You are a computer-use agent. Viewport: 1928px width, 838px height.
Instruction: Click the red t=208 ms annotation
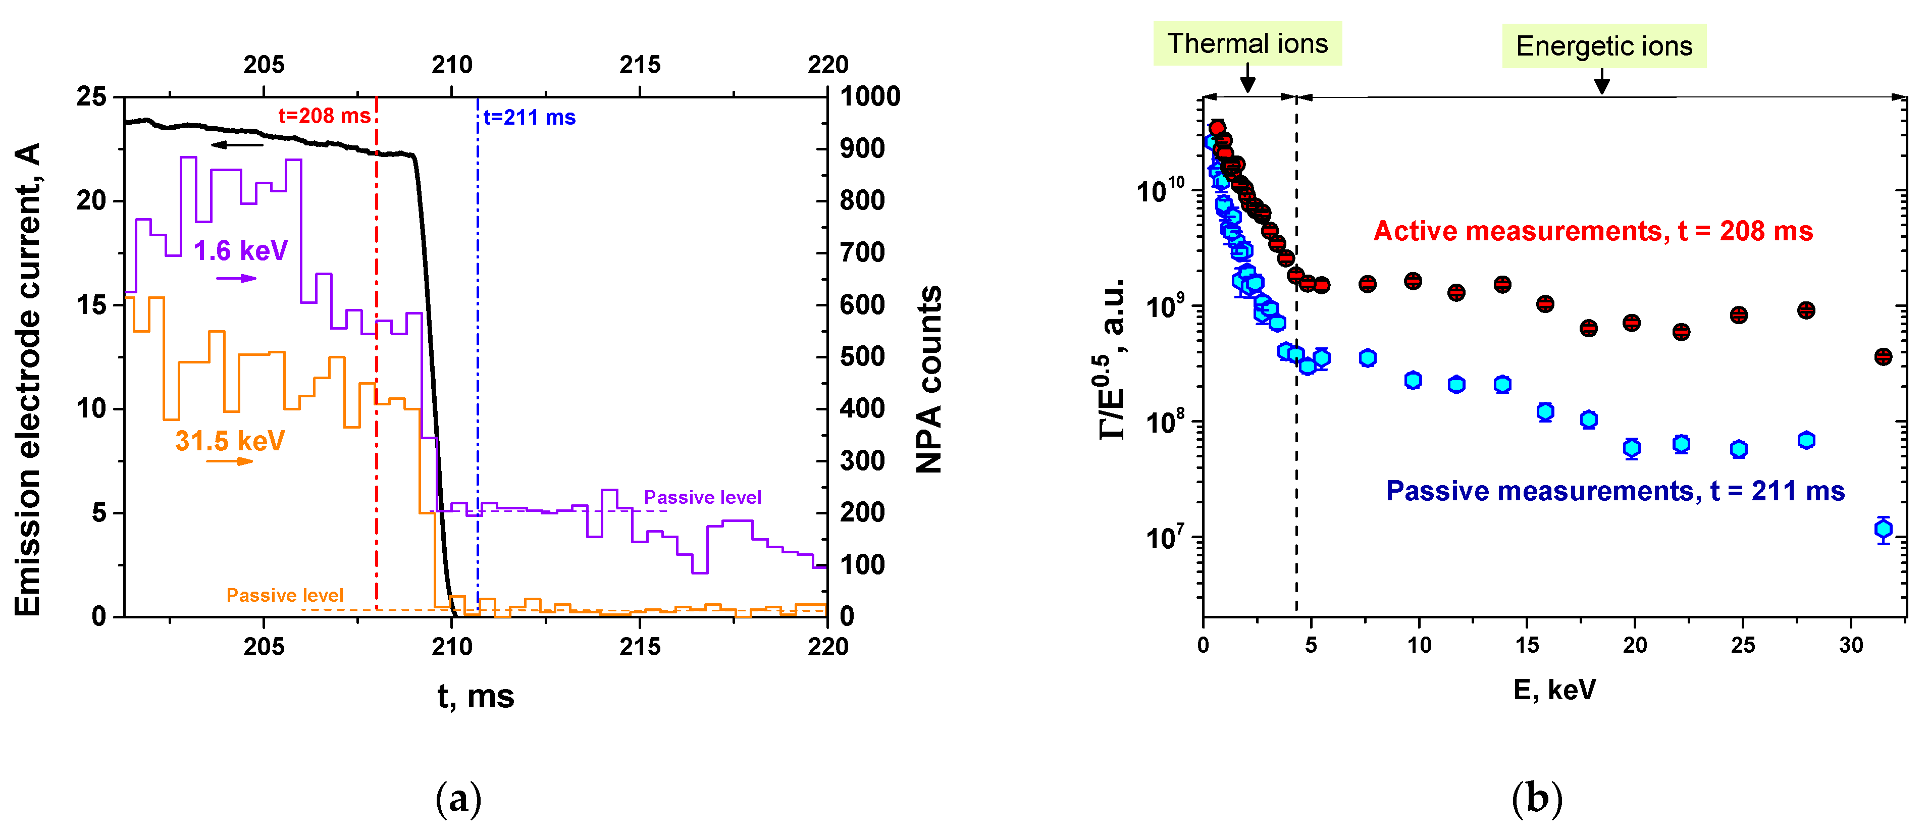[x=324, y=116]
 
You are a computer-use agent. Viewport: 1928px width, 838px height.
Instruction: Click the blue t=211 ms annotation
[x=529, y=118]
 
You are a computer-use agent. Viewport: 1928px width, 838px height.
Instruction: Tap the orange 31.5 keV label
[x=230, y=441]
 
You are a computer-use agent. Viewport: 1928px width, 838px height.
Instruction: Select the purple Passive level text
[x=702, y=498]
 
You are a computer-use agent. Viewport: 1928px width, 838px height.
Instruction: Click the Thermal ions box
[x=1247, y=44]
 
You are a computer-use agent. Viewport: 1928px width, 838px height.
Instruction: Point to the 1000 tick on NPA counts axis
[x=870, y=96]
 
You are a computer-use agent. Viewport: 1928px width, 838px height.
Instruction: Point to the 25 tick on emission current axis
[x=91, y=96]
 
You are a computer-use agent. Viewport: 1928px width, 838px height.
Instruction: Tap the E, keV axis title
[x=1554, y=689]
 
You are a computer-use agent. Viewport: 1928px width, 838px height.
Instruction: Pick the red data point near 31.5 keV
[x=1883, y=357]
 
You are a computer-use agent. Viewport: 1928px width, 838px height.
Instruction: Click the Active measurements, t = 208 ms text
[x=1593, y=231]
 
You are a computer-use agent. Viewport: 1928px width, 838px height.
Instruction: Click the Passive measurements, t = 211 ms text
[x=1614, y=492]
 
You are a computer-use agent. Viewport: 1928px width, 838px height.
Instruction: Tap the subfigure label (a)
[x=458, y=799]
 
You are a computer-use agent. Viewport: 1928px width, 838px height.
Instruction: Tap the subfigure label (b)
[x=1537, y=799]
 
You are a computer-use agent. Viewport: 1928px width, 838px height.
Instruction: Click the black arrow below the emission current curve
[x=236, y=144]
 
